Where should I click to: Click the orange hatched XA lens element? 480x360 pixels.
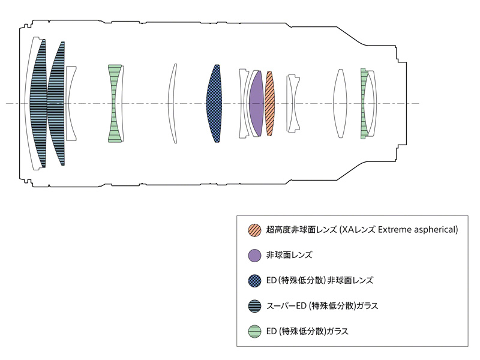(269, 103)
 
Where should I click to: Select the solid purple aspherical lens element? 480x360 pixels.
(257, 103)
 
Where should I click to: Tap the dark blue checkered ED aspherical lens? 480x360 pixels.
(214, 103)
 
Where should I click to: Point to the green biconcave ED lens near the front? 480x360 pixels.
(115, 103)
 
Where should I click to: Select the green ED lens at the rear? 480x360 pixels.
(364, 103)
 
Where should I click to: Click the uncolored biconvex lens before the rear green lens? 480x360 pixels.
(340, 103)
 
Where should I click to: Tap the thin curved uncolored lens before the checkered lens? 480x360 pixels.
(172, 103)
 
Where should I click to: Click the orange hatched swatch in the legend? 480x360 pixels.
(254, 230)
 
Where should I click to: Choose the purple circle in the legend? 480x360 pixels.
(254, 256)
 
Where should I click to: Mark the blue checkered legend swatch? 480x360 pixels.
(254, 280)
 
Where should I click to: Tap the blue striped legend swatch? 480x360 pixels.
(254, 306)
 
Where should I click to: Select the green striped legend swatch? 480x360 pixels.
(254, 331)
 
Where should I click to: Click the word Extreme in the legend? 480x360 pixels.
(394, 230)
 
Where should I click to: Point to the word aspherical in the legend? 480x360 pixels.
(436, 230)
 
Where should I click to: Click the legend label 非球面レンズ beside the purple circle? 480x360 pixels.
(289, 255)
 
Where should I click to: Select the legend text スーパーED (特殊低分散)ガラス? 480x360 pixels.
(322, 306)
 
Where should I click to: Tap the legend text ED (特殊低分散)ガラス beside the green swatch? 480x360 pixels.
(307, 331)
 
